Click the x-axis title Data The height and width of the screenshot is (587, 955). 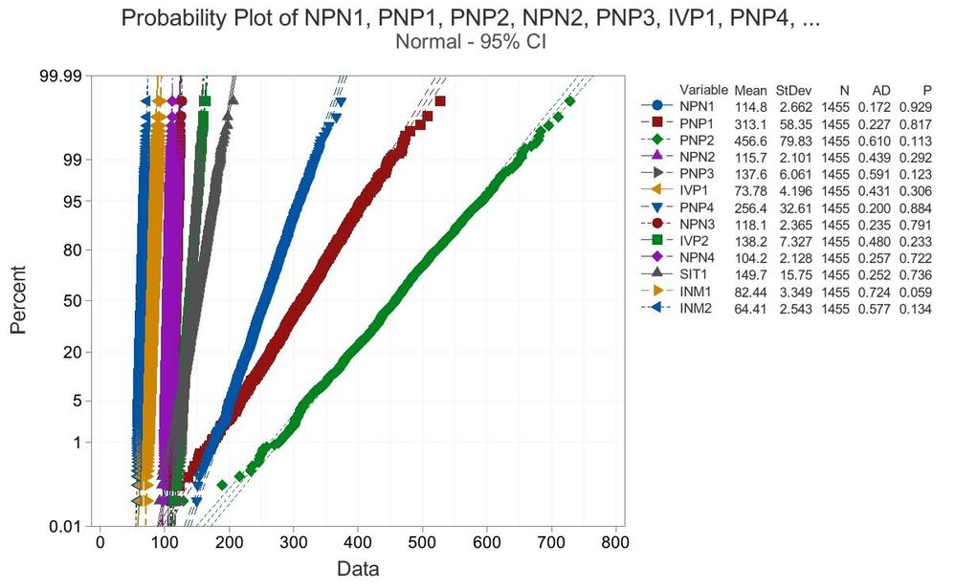(358, 570)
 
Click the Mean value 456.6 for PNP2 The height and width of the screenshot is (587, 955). (752, 139)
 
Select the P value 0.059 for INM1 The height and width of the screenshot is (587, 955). (915, 292)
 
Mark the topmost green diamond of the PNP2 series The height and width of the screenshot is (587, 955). (570, 100)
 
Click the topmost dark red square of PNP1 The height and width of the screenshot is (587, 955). (439, 100)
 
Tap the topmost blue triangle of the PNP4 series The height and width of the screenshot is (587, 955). (340, 100)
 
